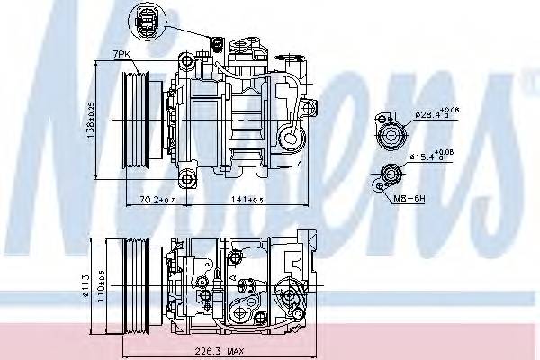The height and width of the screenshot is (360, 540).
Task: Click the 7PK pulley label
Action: [x=121, y=57]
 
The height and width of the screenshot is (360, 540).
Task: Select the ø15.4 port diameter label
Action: [x=433, y=157]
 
